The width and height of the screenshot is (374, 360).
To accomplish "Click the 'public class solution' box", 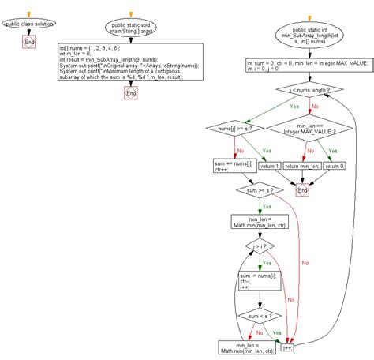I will click(29, 24).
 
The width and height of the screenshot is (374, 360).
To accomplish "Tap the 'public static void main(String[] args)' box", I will click(130, 28).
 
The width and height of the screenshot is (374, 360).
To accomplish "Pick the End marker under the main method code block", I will click(131, 93).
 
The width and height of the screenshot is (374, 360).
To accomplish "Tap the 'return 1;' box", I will click(270, 166).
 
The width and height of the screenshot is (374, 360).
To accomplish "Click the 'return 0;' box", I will click(336, 166).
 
